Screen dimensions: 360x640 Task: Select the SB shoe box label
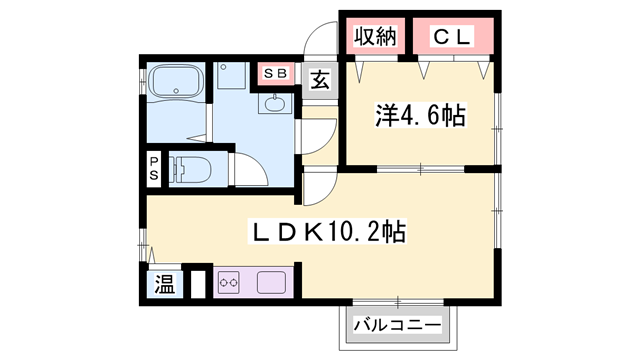[x=274, y=73]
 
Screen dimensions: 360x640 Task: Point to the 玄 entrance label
[x=320, y=79]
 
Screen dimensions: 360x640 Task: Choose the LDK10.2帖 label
[x=325, y=234]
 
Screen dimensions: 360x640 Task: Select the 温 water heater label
[x=163, y=285]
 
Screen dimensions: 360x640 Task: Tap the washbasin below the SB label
[x=276, y=103]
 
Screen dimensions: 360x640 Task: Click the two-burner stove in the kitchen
[x=227, y=283]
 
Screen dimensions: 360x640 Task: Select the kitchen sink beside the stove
[x=269, y=283]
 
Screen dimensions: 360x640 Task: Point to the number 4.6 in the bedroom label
[x=421, y=116]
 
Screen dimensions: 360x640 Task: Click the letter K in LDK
[x=310, y=234]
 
